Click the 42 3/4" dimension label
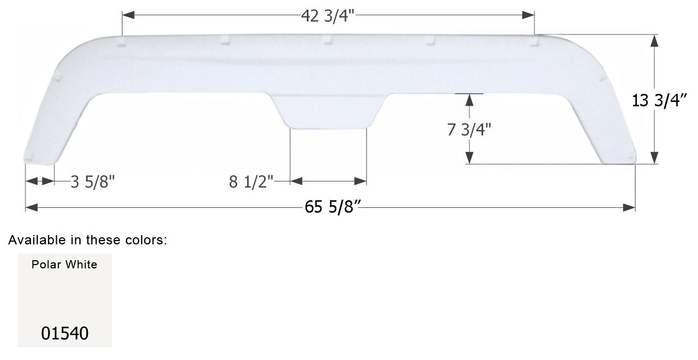tap(328, 16)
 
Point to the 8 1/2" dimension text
tap(251, 182)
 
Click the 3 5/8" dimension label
tap(93, 182)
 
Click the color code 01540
tap(65, 333)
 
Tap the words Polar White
tap(64, 265)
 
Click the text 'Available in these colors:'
tap(88, 240)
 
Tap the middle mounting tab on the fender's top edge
tap(327, 40)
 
